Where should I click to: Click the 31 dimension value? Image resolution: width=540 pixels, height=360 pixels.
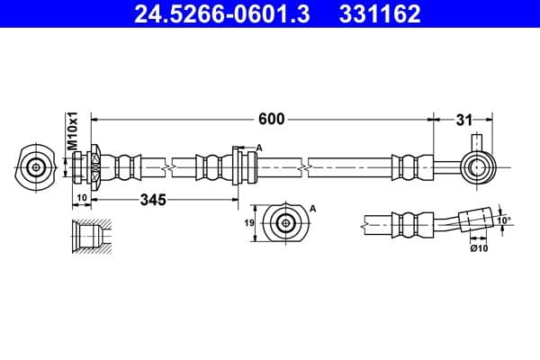[463, 118]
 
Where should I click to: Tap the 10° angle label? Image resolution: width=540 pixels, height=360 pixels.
[504, 220]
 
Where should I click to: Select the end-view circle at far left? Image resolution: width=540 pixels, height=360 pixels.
[35, 167]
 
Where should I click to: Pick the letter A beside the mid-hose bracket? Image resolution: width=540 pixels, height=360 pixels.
[258, 148]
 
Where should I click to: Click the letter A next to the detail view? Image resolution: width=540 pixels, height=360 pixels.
[313, 208]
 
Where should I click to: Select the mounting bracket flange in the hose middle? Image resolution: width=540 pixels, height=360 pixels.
[238, 166]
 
